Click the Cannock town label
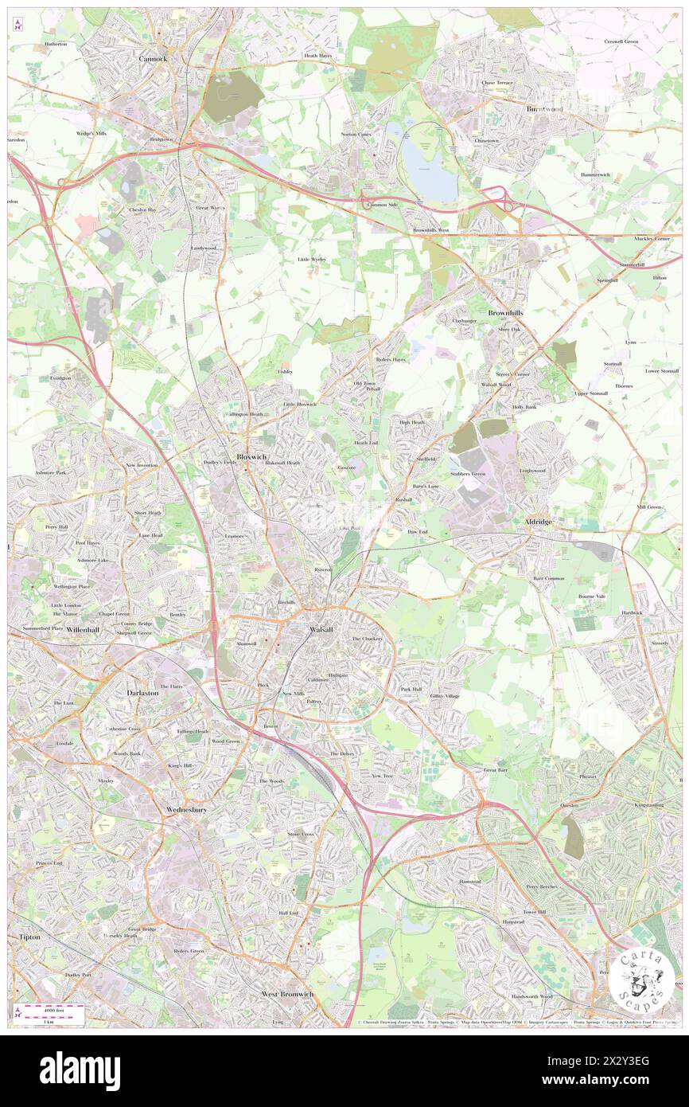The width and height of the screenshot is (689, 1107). [x=153, y=58]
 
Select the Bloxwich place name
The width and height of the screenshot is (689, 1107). [x=251, y=446]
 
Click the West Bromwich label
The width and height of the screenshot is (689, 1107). [x=287, y=994]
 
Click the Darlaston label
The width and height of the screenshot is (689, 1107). [x=143, y=693]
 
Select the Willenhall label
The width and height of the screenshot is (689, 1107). [x=84, y=629]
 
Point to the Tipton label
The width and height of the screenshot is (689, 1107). [x=29, y=937]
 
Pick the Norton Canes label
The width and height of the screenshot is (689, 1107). [x=356, y=134]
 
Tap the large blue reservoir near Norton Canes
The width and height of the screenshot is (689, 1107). [x=430, y=163]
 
